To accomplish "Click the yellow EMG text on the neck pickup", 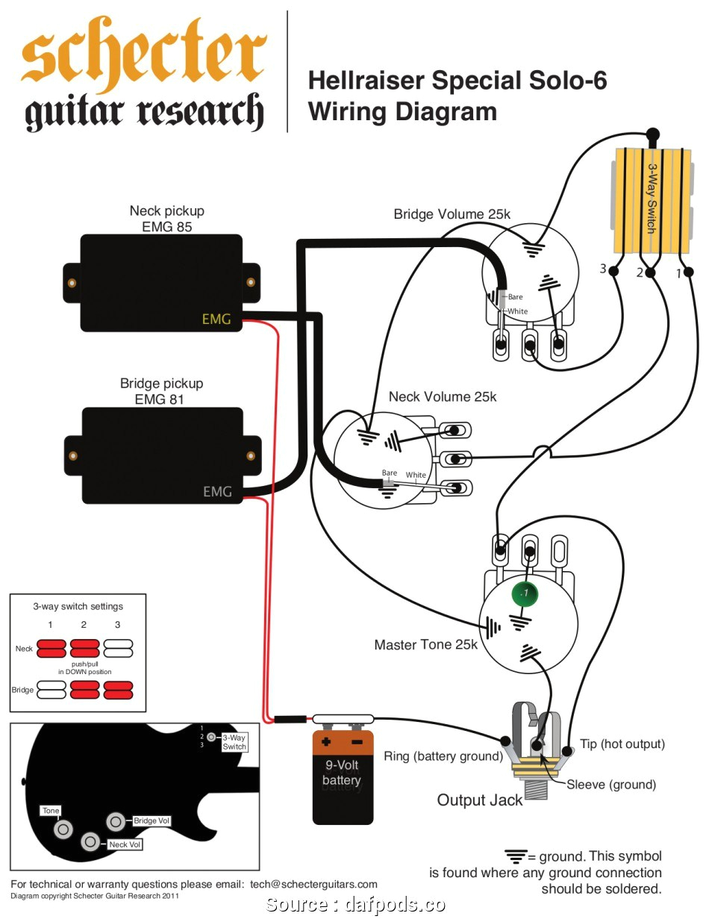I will (x=216, y=320).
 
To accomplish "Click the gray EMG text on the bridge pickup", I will (x=217, y=491).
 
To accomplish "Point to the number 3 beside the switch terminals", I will (x=603, y=269).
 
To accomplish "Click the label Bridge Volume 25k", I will (x=452, y=214).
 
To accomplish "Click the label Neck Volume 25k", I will (x=443, y=396).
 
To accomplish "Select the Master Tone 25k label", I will (x=425, y=644).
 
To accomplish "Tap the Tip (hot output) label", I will (x=622, y=744).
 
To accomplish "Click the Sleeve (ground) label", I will (x=611, y=784).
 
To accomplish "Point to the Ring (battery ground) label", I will (x=443, y=756).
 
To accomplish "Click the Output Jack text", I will (x=480, y=800).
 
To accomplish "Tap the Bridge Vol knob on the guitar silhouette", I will (x=116, y=821).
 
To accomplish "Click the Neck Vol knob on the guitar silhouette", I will (x=91, y=841).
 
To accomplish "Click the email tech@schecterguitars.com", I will (x=313, y=884).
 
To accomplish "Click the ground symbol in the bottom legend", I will (x=515, y=856).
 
